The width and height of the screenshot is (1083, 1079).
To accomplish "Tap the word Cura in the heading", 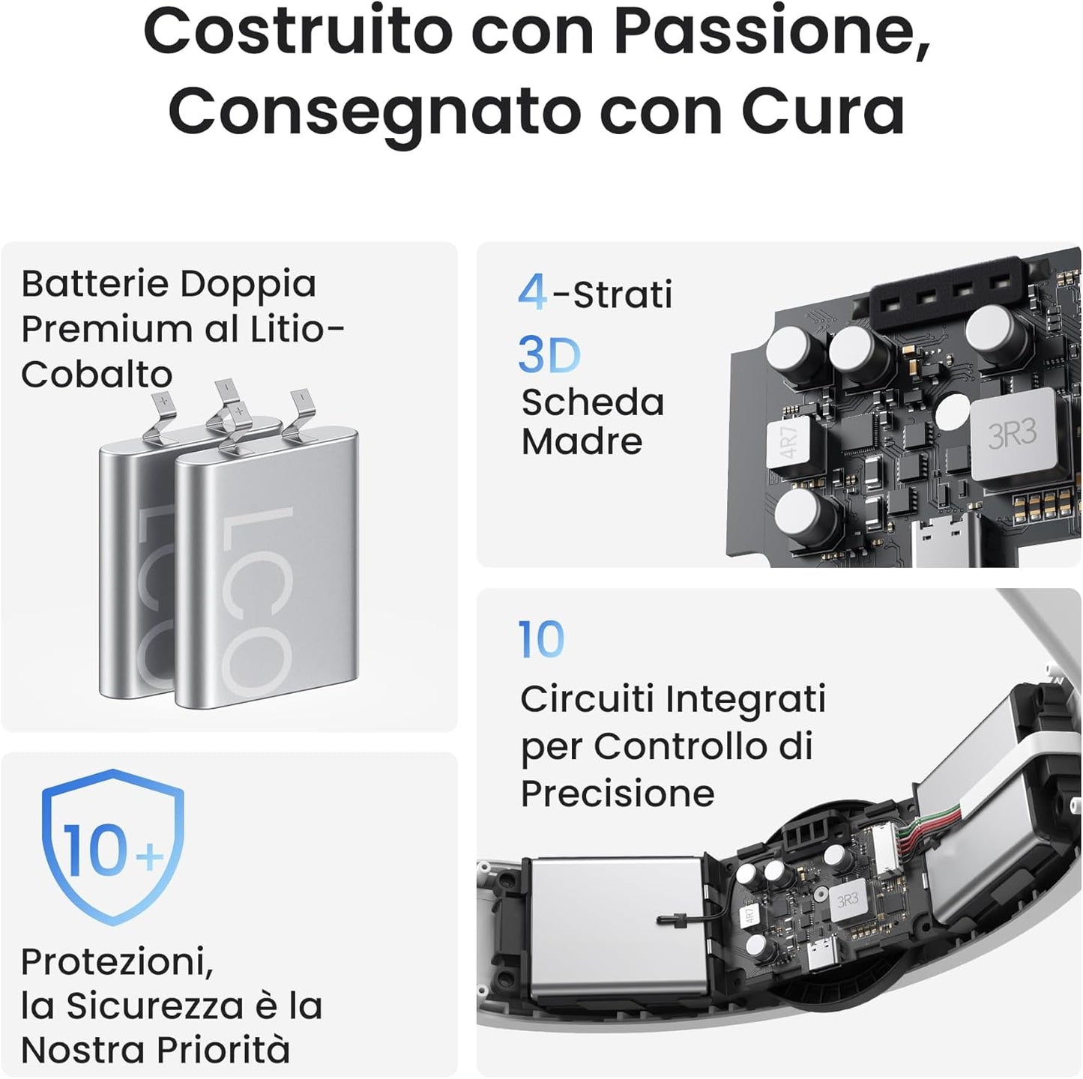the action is tap(822, 110).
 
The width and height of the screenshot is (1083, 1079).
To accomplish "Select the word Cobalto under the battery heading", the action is tap(96, 375).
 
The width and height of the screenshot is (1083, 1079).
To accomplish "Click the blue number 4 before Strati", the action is tap(531, 294).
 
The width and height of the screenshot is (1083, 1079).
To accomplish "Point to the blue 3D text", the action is tap(549, 355).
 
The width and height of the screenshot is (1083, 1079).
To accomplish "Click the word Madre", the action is tap(582, 442).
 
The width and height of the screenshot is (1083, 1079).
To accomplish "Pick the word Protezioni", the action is tap(118, 962).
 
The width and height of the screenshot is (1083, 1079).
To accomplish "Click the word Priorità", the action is tap(223, 1048).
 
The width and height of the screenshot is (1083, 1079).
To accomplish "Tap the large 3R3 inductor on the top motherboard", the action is tap(1012, 433).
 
